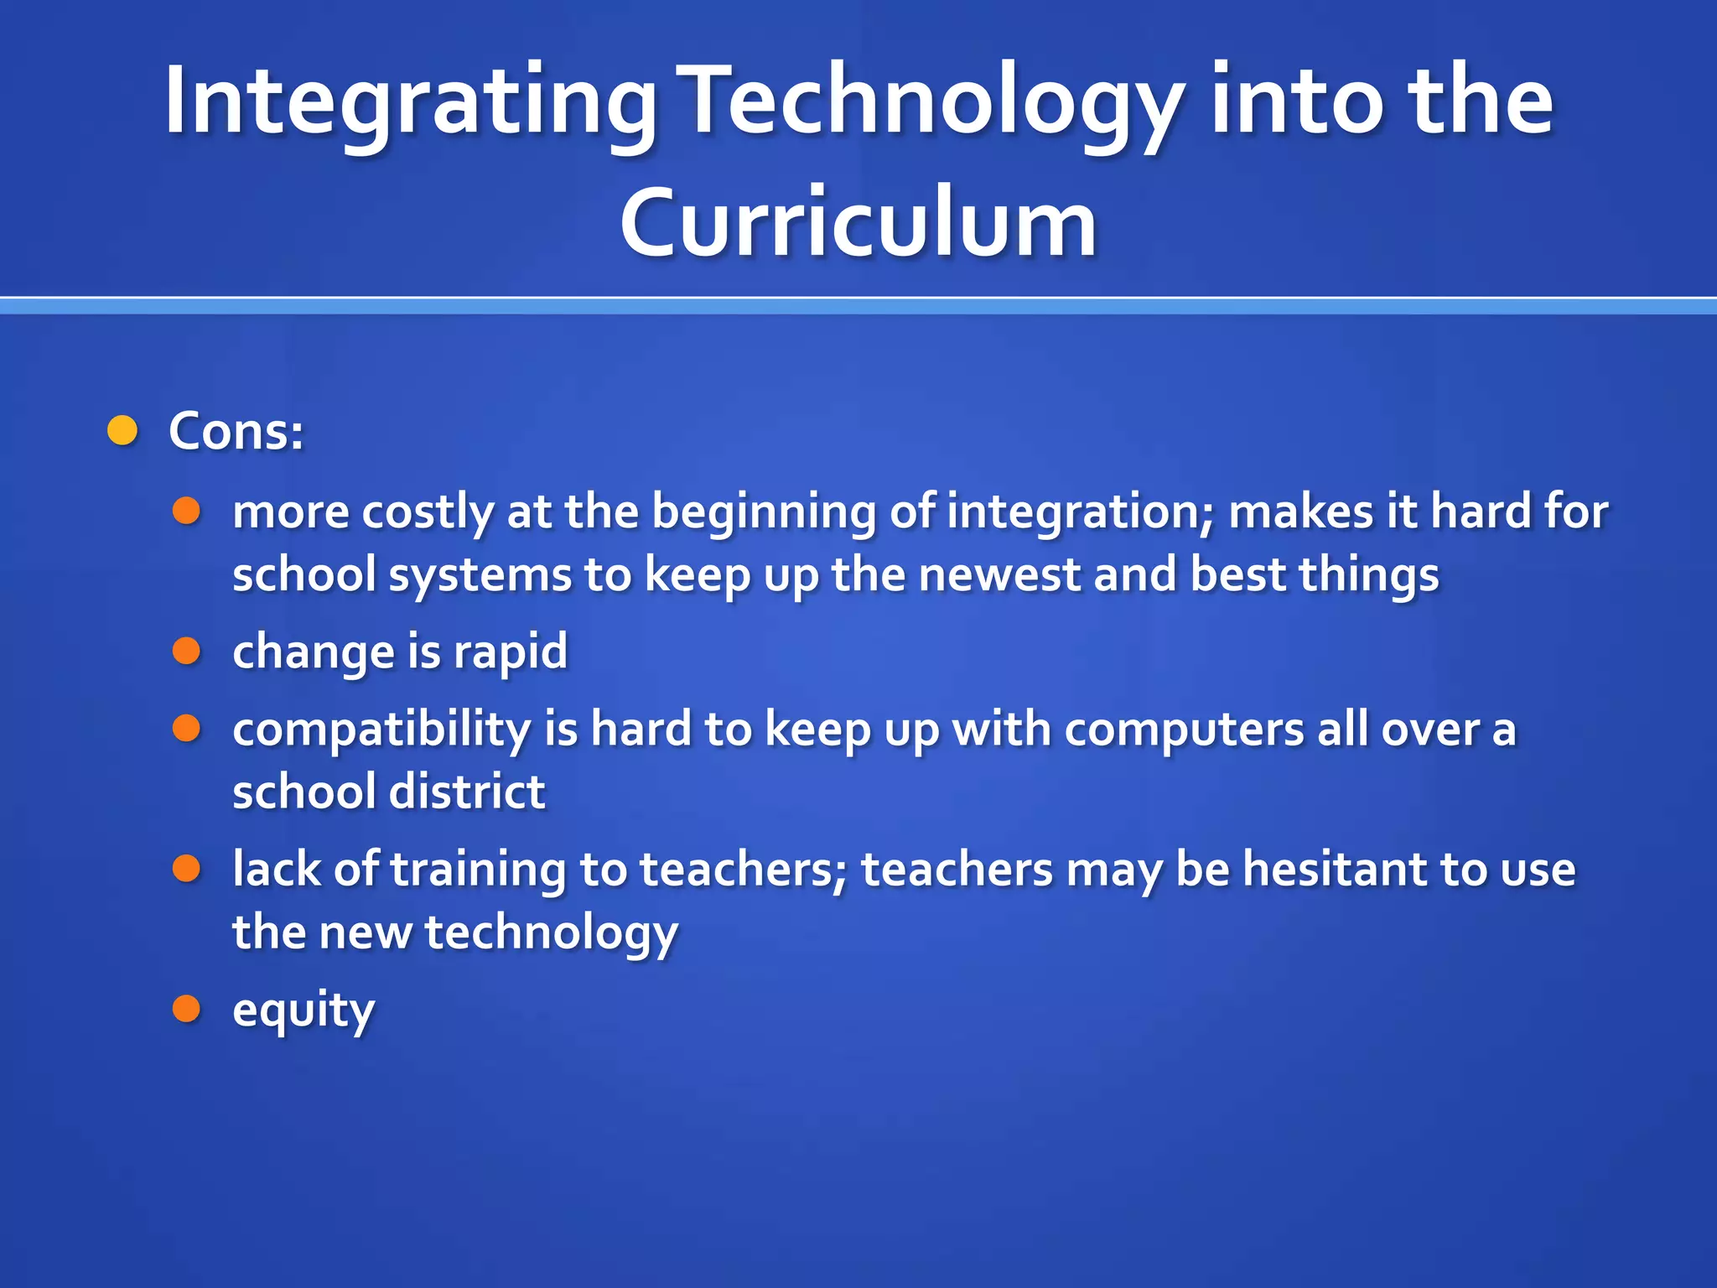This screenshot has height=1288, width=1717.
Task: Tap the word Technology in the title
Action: [931, 102]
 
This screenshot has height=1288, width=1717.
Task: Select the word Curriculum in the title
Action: [858, 223]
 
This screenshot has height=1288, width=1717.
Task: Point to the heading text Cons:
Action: [236, 432]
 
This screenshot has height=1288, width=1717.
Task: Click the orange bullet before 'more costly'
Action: [186, 511]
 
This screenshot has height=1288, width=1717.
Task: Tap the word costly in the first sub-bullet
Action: [428, 512]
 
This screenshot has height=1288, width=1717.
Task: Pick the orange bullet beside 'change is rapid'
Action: [186, 651]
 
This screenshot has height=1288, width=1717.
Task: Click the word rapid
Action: [511, 652]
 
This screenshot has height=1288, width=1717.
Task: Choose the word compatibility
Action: [381, 730]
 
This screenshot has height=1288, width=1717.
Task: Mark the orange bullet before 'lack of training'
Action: [186, 869]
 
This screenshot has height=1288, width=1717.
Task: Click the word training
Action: [479, 870]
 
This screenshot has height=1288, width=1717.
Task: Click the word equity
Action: [303, 1010]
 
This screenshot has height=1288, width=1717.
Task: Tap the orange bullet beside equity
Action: [186, 1009]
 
